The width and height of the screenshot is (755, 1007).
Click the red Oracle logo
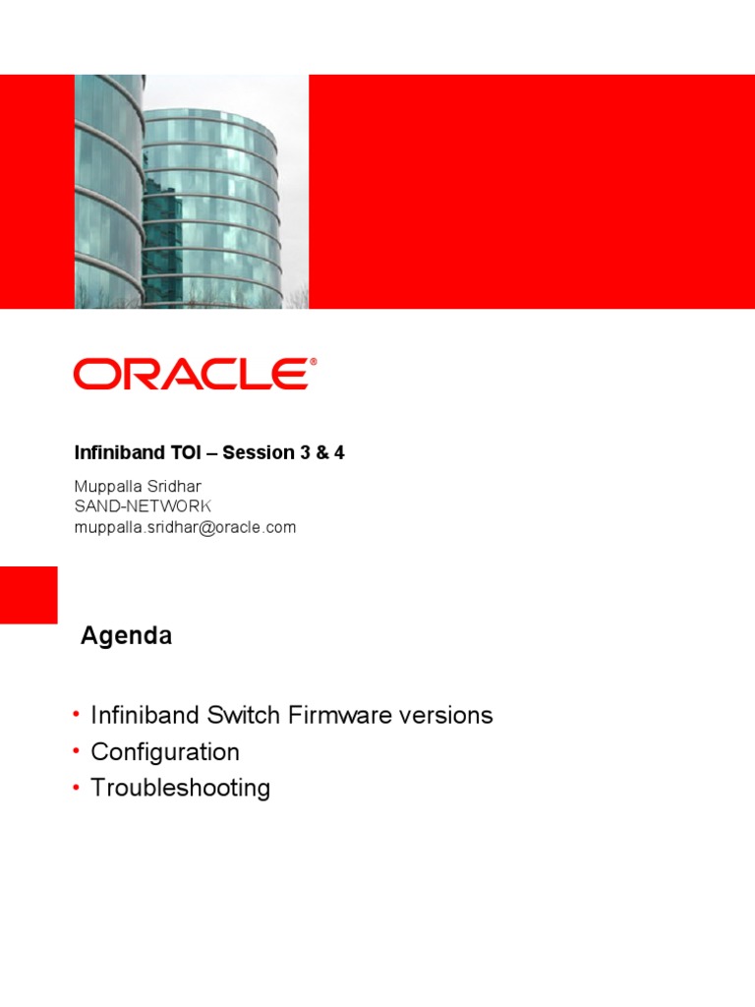point(193,374)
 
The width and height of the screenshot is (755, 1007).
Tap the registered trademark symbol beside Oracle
point(314,362)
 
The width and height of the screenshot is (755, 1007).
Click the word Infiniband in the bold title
point(120,452)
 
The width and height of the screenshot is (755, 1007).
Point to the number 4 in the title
point(339,452)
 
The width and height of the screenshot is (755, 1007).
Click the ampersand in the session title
point(321,452)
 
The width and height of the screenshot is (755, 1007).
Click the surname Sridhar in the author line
point(174,486)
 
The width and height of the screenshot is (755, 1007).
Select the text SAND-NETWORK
point(143,506)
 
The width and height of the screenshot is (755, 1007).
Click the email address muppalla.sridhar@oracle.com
point(185,527)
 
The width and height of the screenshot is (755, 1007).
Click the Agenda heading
point(127,636)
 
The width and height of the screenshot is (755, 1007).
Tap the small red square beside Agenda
point(29,595)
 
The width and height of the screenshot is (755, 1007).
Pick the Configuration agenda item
point(165,751)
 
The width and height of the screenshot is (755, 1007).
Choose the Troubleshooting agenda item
point(181,788)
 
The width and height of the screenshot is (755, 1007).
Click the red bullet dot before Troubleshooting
point(77,787)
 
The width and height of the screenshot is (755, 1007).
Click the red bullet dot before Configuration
point(77,750)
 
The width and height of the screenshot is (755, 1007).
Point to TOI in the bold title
point(186,452)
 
